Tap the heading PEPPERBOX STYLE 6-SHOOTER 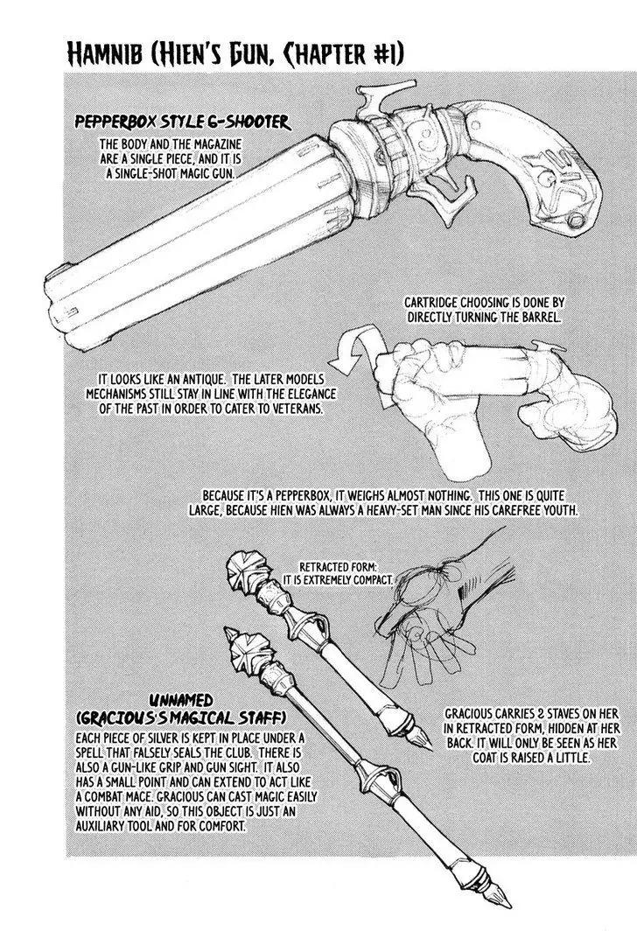point(182,122)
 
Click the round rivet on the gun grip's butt point(575,220)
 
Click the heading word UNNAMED point(180,701)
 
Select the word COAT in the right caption point(487,758)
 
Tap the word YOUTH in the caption point(559,509)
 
